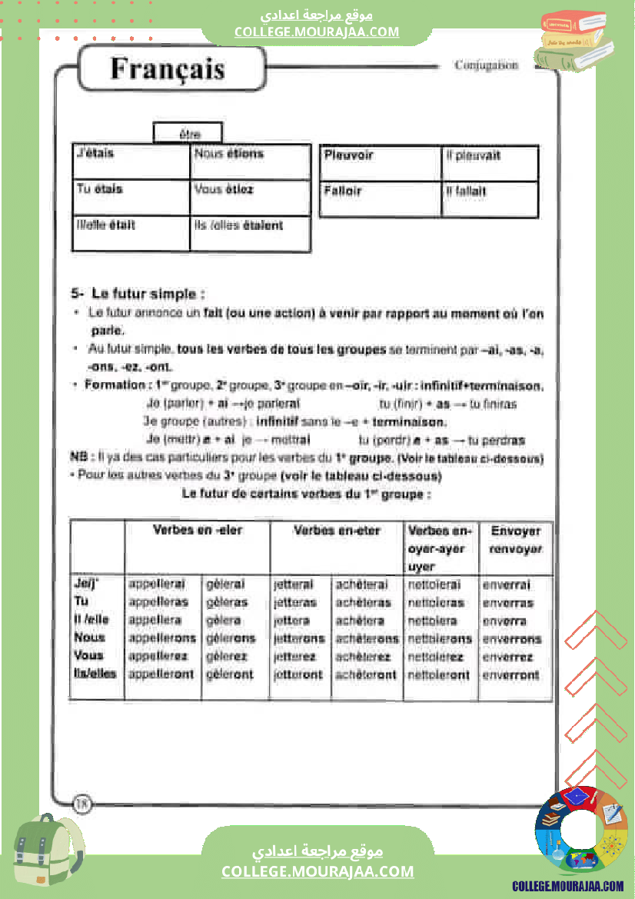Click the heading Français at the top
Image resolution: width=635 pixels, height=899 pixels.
168,68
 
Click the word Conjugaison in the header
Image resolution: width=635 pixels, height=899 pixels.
486,65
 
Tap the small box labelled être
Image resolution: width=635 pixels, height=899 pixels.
189,134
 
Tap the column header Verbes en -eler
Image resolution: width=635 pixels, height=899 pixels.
198,530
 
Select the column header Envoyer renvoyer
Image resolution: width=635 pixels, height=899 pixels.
516,540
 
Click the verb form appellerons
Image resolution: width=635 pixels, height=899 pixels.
162,638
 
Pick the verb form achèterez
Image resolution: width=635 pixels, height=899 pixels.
363,657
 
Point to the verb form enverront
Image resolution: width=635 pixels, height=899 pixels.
511,675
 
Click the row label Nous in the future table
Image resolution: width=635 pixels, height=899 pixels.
89,638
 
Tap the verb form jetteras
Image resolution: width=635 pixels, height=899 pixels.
295,603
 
